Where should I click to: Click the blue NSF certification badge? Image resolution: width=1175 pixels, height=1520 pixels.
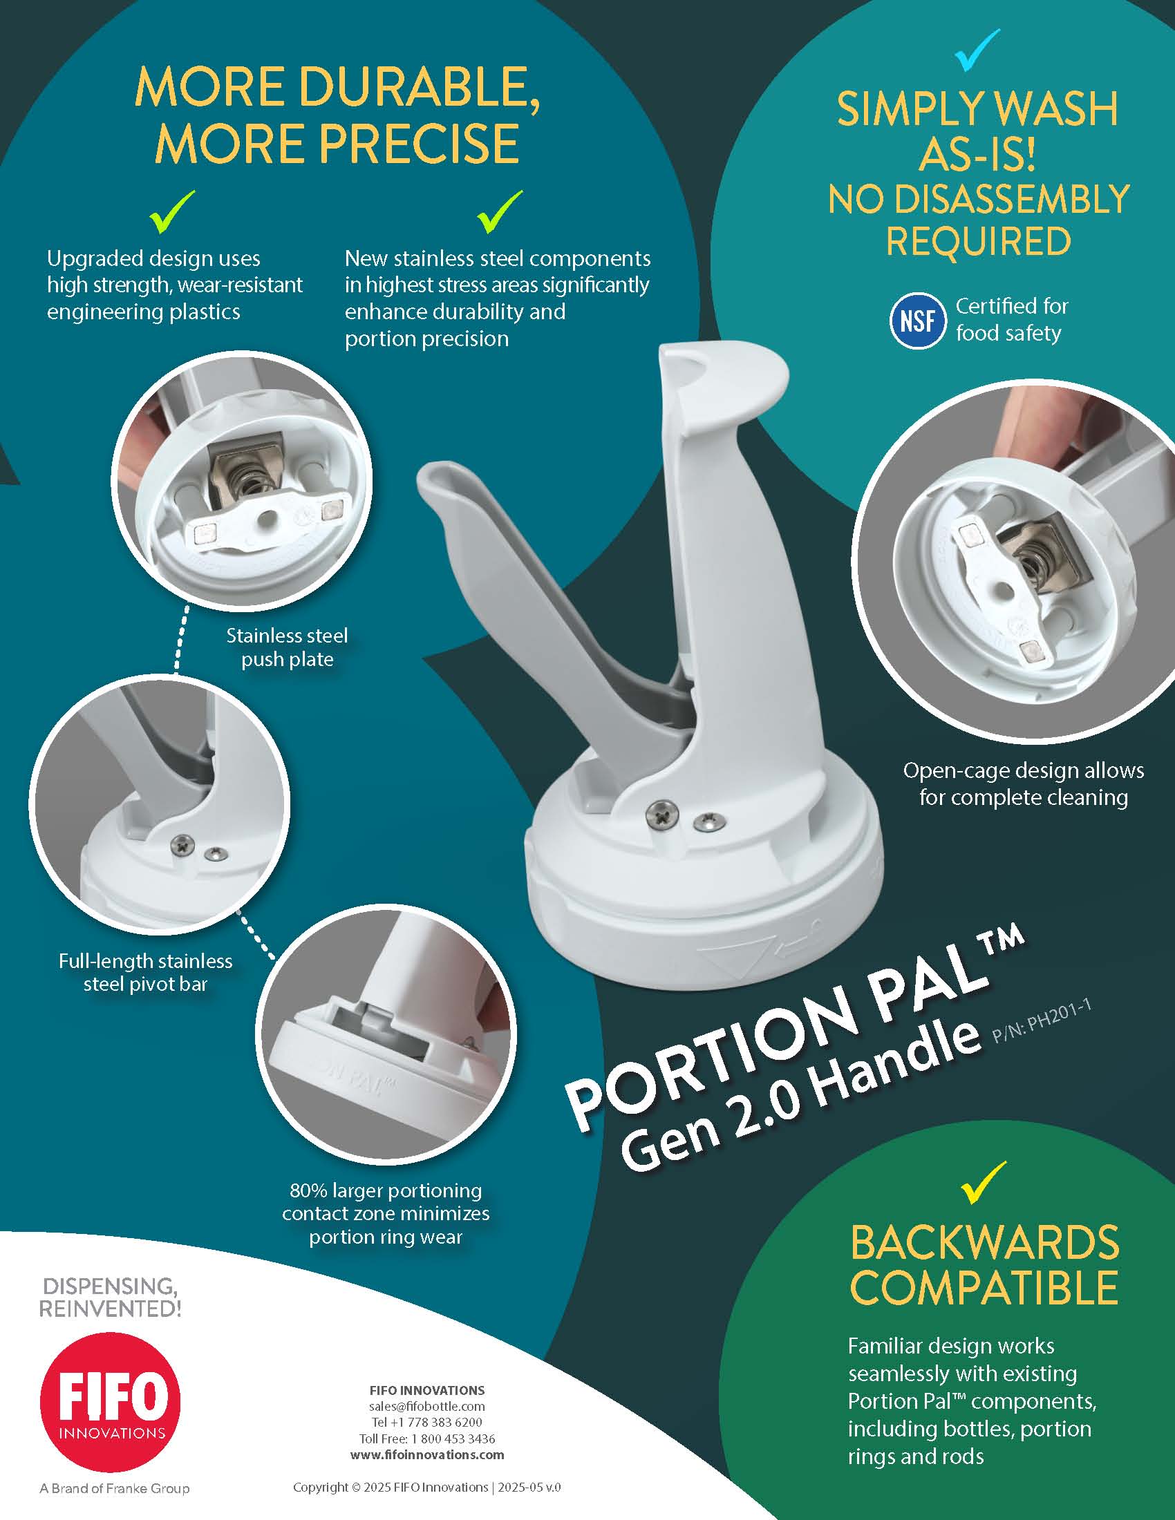pyautogui.click(x=917, y=321)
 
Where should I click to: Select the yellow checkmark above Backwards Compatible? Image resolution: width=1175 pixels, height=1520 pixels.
pyautogui.click(x=983, y=1182)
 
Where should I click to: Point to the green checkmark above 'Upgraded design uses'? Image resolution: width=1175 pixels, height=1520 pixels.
pyautogui.click(x=172, y=211)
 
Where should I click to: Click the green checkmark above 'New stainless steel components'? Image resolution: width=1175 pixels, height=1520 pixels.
pyautogui.click(x=500, y=211)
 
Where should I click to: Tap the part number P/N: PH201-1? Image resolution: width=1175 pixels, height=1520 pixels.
pyautogui.click(x=1040, y=1023)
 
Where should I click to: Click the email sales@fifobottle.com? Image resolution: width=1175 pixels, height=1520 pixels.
pyautogui.click(x=426, y=1406)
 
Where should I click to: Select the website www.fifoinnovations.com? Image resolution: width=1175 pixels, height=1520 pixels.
pyautogui.click(x=426, y=1454)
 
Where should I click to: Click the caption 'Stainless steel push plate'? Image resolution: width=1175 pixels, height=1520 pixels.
pyautogui.click(x=287, y=647)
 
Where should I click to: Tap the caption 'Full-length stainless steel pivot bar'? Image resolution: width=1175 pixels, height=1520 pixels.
pyautogui.click(x=145, y=972)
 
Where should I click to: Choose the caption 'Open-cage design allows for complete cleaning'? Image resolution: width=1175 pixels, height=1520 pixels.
pyautogui.click(x=1023, y=783)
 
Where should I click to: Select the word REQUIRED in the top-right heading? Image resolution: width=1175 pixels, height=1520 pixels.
pyautogui.click(x=978, y=241)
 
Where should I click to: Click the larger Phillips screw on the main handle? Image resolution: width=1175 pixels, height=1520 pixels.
pyautogui.click(x=661, y=813)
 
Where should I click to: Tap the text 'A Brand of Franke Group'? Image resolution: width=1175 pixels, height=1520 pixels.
pyautogui.click(x=114, y=1489)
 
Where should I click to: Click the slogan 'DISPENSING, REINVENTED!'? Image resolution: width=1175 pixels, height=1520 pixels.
pyautogui.click(x=110, y=1298)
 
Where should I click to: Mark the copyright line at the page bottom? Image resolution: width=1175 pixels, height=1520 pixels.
pyautogui.click(x=426, y=1488)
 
